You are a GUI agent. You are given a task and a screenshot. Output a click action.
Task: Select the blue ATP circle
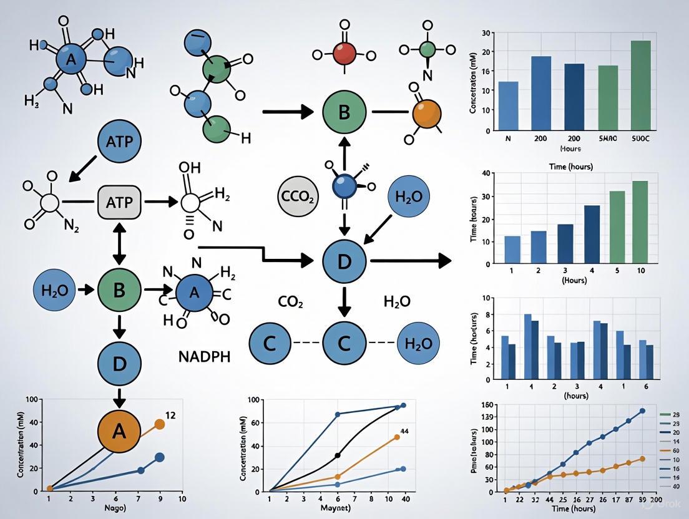tap(120, 142)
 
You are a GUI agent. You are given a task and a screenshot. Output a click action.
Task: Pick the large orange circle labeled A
tap(119, 430)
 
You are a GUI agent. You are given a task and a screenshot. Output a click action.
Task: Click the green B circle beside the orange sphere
tap(343, 113)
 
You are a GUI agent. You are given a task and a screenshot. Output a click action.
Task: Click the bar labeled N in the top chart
tap(509, 106)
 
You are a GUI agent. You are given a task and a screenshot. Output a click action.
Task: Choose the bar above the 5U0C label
tap(641, 85)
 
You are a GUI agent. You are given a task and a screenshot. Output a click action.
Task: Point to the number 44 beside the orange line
tap(404, 431)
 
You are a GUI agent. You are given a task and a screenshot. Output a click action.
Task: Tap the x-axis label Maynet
tap(336, 507)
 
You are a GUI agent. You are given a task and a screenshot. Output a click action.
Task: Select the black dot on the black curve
tap(338, 455)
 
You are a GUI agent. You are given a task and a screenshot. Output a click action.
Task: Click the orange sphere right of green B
tap(427, 113)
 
